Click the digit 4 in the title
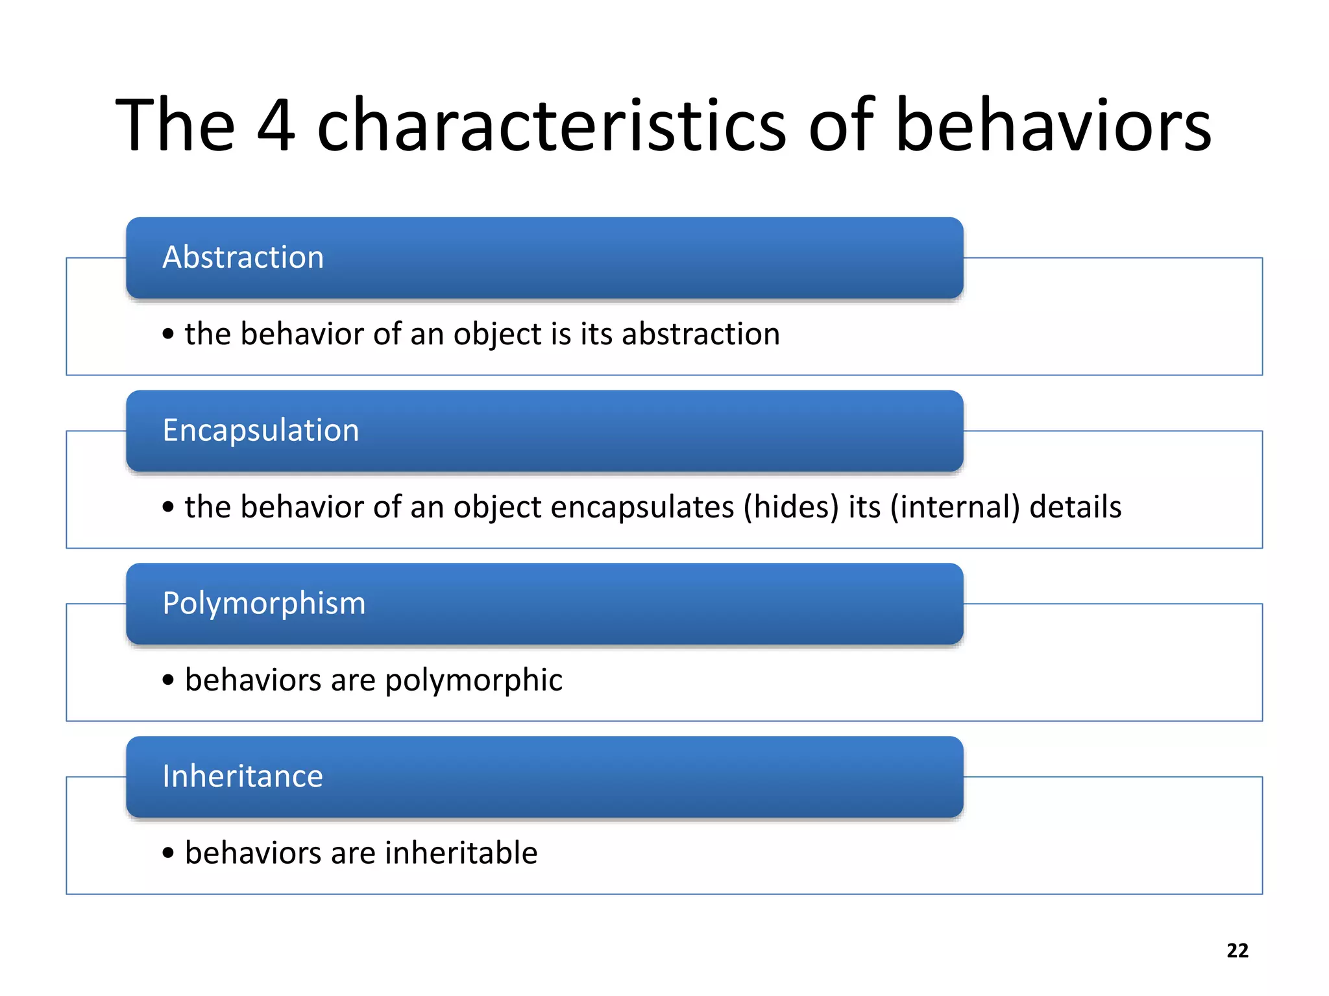point(276,124)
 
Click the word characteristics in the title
point(552,124)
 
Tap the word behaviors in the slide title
point(1053,124)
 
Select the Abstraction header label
point(243,257)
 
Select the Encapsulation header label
point(260,431)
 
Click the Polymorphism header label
point(263,604)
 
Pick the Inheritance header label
point(242,776)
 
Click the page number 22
point(1237,951)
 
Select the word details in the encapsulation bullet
point(1075,507)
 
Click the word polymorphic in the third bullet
point(474,681)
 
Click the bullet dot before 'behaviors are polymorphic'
point(169,680)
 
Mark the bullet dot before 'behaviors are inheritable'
point(169,853)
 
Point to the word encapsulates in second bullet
point(642,507)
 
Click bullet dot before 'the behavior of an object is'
point(169,334)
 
